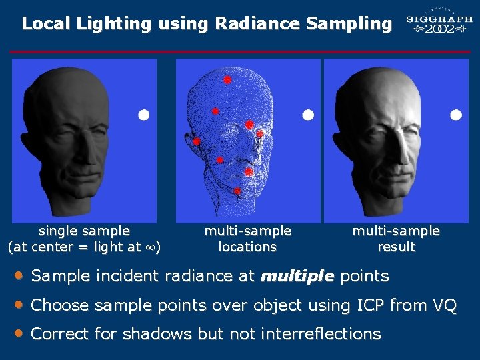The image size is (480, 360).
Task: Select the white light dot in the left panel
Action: coord(143,115)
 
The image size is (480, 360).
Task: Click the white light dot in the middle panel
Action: coord(308,115)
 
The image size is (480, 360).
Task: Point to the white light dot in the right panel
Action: coord(456,115)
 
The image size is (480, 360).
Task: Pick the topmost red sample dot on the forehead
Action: coord(227,79)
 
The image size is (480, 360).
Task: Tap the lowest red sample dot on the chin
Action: coord(237,191)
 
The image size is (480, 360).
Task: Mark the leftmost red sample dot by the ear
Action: coord(197,141)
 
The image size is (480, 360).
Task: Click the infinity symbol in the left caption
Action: coord(150,247)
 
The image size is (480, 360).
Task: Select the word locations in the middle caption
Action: coord(247,247)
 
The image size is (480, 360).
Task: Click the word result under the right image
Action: coord(396,247)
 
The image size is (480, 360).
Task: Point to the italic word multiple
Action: coord(298,276)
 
